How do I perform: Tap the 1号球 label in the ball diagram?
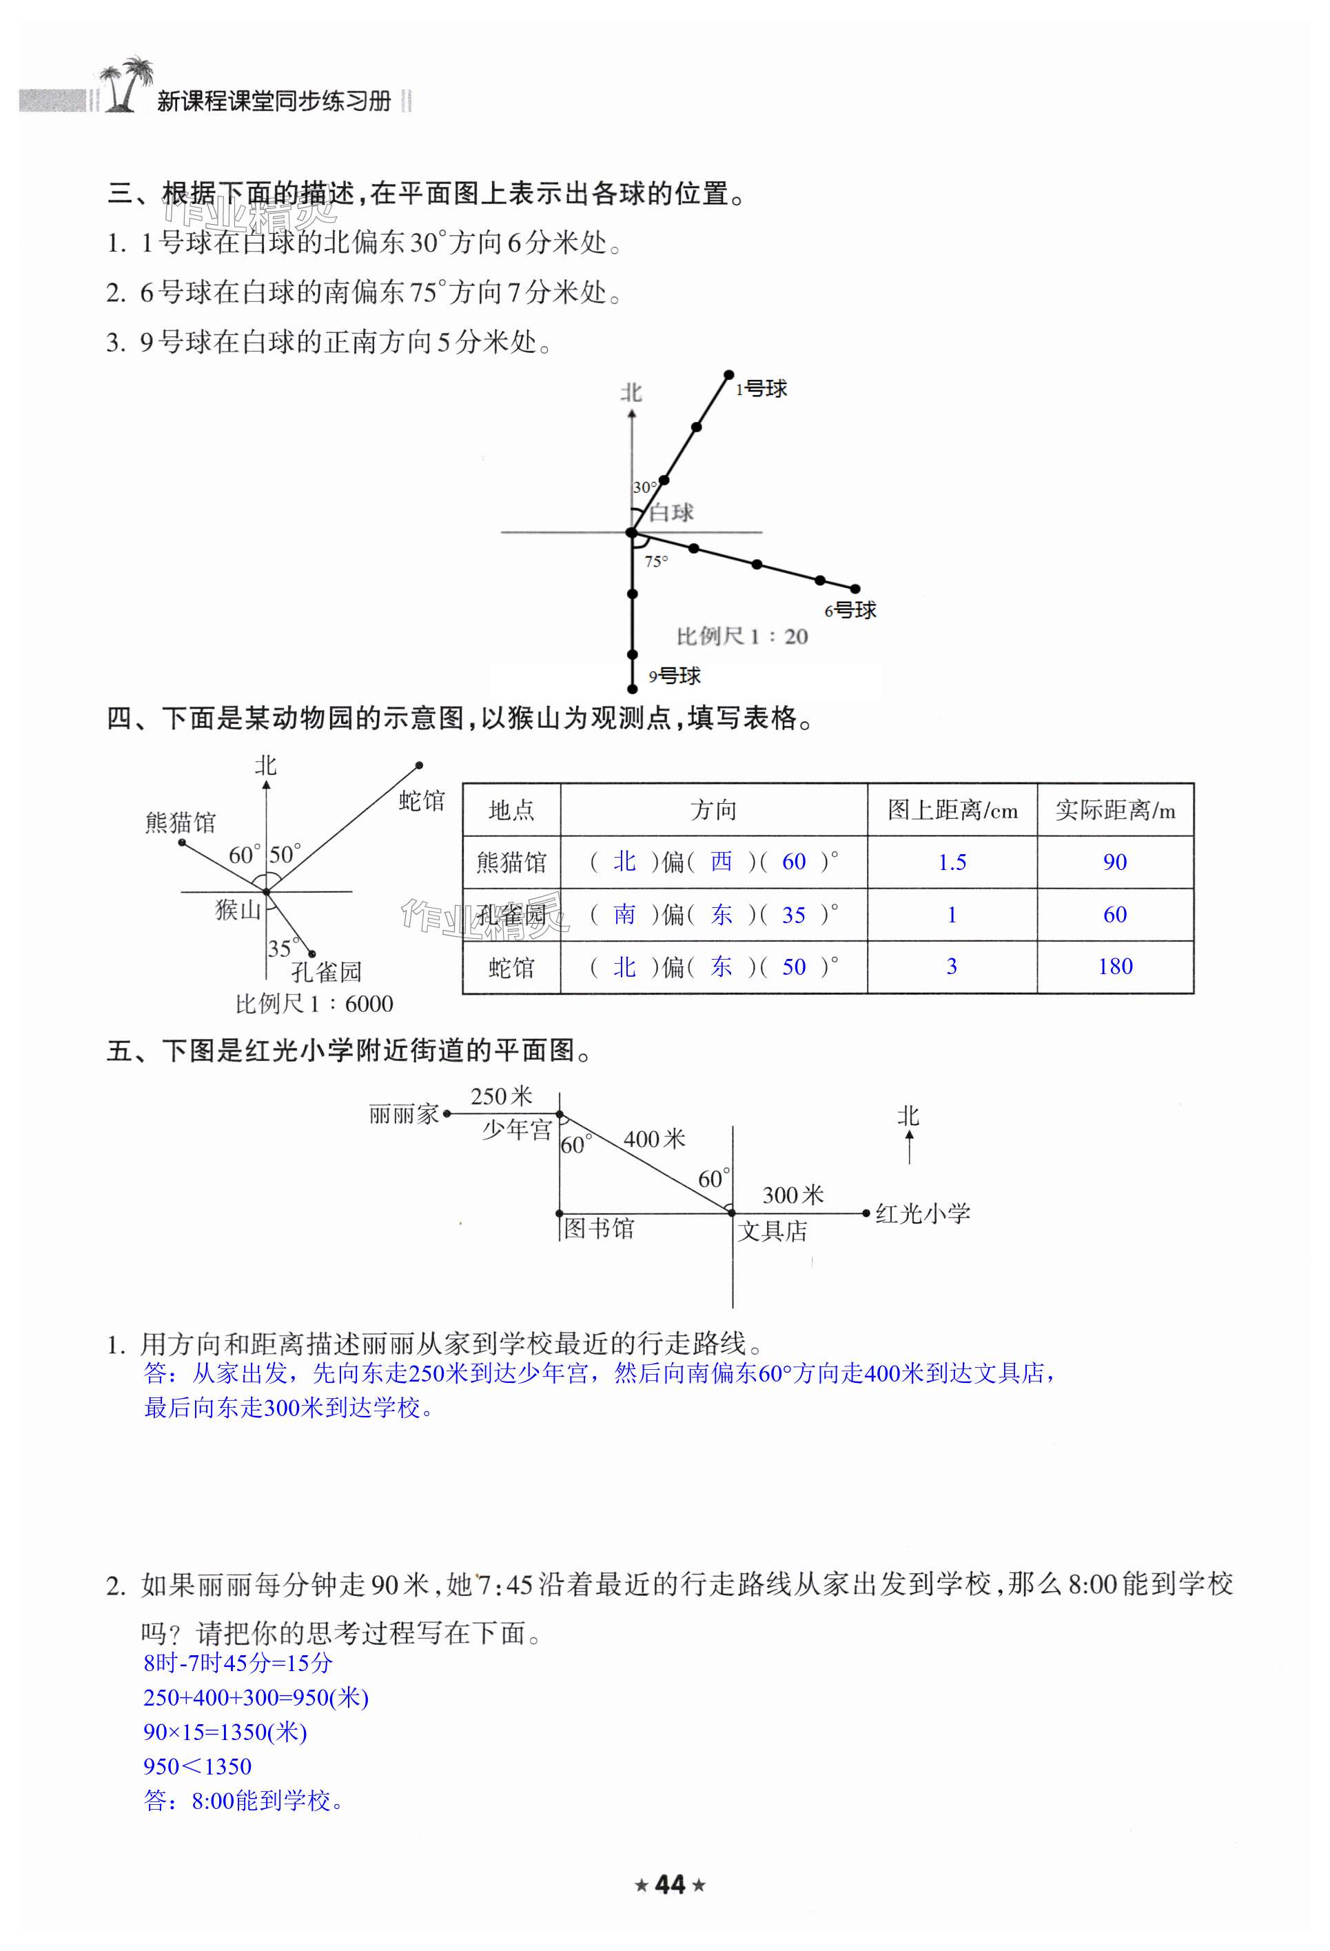(x=762, y=389)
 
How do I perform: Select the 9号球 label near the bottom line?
(x=675, y=675)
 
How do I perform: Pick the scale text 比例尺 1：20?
(x=741, y=636)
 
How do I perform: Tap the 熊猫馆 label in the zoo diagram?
(x=181, y=822)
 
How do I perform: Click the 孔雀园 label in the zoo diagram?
(x=327, y=972)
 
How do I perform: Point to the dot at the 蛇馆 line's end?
(x=419, y=765)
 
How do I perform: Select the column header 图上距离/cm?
(x=952, y=810)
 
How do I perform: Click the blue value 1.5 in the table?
(x=952, y=862)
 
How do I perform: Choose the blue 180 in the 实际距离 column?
(x=1114, y=967)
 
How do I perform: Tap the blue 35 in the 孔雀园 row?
(x=793, y=915)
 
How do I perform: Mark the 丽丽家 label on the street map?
(x=404, y=1114)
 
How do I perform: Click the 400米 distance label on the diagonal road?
(x=655, y=1139)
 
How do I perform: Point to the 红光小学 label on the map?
(x=922, y=1214)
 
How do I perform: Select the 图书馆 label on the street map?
(x=598, y=1229)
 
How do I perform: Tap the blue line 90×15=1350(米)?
(x=225, y=1732)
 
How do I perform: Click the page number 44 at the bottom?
(x=670, y=1886)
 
